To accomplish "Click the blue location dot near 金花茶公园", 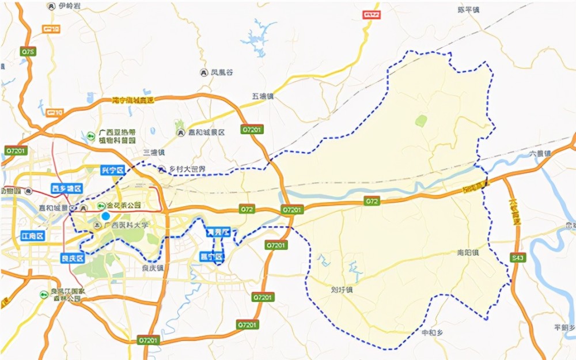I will (x=105, y=216).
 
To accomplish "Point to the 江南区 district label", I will (x=32, y=236).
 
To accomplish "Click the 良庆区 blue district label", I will (x=73, y=259).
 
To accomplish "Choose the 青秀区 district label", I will (x=218, y=233).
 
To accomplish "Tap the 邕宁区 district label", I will (x=211, y=256).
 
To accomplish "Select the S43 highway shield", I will (x=517, y=258).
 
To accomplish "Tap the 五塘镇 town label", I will (x=262, y=96).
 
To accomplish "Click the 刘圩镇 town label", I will (x=342, y=290).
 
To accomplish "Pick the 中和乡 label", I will (x=433, y=332).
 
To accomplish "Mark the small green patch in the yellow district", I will (x=422, y=120).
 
